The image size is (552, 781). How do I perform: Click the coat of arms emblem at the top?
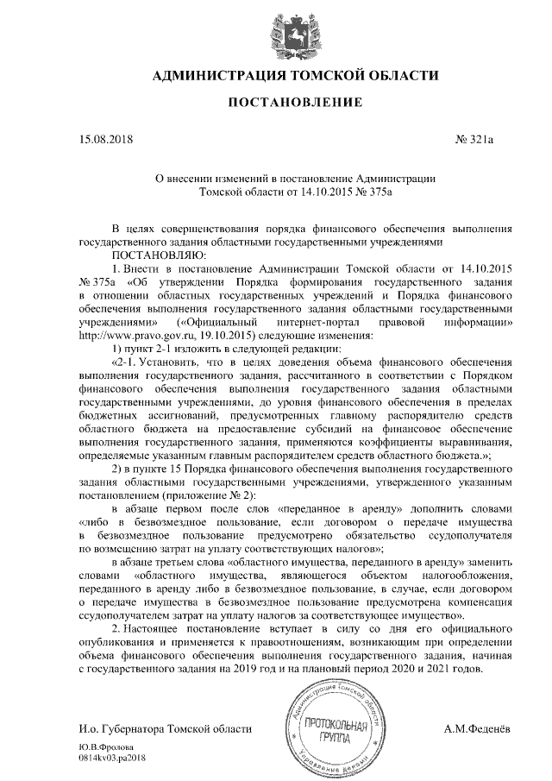pyautogui.click(x=294, y=32)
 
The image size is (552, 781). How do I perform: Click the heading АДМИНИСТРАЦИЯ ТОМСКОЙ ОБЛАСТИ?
pyautogui.click(x=294, y=76)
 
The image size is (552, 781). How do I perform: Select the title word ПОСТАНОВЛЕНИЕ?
pyautogui.click(x=294, y=103)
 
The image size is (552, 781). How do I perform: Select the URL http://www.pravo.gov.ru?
pyautogui.click(x=128, y=336)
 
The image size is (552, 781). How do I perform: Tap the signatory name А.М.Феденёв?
pyautogui.click(x=477, y=730)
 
